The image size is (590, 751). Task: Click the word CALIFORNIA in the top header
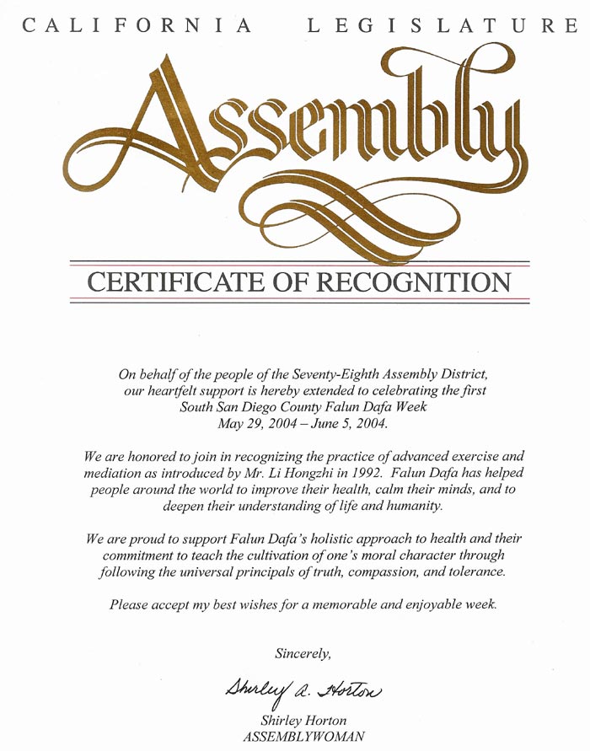(x=137, y=26)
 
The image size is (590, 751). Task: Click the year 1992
(x=366, y=474)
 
